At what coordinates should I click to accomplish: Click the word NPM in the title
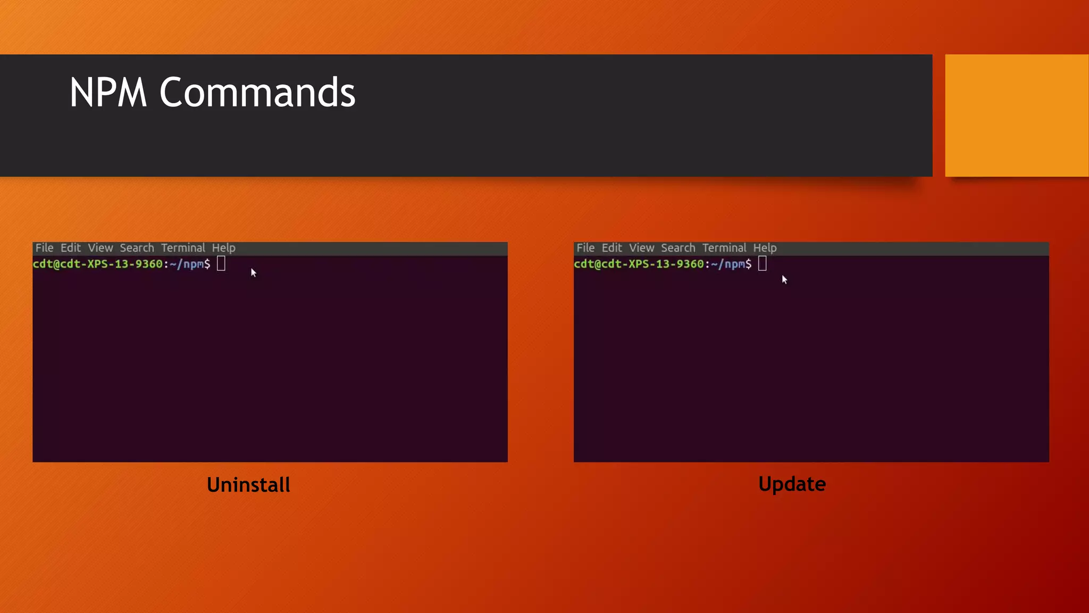pos(108,93)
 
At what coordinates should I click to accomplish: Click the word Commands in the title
pos(257,93)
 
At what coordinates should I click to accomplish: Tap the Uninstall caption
pos(248,485)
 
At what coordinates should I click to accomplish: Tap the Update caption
pos(792,484)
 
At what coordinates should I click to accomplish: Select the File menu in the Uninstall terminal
pos(44,248)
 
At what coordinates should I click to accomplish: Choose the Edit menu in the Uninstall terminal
pos(70,248)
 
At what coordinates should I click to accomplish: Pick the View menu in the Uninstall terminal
pos(100,248)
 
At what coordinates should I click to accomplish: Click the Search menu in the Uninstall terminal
pos(137,248)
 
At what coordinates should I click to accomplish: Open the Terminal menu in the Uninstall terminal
pos(183,248)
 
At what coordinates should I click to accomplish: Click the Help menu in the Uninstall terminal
pos(223,248)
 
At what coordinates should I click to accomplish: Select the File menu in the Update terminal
pos(585,248)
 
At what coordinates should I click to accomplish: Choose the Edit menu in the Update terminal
pos(611,248)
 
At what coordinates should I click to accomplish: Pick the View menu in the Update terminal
pos(641,248)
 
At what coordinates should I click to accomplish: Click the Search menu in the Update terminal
pos(678,248)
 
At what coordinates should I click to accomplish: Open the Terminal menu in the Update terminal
pos(724,248)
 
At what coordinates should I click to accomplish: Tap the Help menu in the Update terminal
pos(765,248)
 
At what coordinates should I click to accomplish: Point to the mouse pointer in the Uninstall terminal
pos(254,273)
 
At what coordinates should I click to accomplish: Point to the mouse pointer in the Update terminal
pos(784,279)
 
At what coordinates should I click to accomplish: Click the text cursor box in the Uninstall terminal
pos(221,263)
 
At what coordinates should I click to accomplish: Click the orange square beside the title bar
pos(1017,115)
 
